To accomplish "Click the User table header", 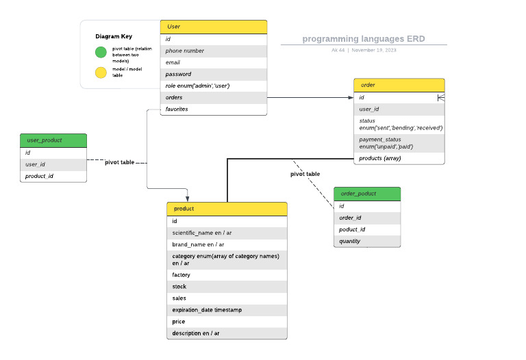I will click(x=213, y=27).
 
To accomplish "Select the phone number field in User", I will click(x=213, y=51).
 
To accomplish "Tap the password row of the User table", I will click(x=213, y=74).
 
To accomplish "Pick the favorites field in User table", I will click(x=213, y=109).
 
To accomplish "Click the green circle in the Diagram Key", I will click(x=101, y=52).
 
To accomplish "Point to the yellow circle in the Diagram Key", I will click(x=101, y=72).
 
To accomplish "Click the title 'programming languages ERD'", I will click(x=364, y=39).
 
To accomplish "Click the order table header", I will click(x=399, y=85).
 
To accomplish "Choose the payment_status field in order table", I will click(x=399, y=143).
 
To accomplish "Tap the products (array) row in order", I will click(x=399, y=158).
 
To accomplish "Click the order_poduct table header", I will click(x=367, y=193).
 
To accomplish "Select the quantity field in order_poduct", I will click(x=367, y=241).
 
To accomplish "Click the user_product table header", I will click(x=53, y=140).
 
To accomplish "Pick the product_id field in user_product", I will click(x=53, y=176).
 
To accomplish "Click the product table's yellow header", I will click(x=227, y=208).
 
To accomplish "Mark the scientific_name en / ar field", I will click(x=227, y=233).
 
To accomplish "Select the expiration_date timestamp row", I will click(x=227, y=310).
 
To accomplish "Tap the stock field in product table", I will click(x=227, y=287).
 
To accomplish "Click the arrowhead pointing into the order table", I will click(x=350, y=97).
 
